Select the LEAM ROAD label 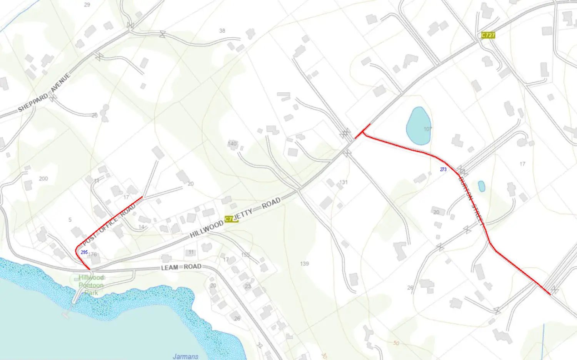[181, 267]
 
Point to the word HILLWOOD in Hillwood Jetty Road [207, 229]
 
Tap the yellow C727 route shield [488, 35]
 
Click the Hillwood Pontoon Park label [91, 285]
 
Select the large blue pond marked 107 [419, 126]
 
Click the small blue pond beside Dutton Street [481, 187]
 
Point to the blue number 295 [84, 252]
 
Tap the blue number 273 [443, 169]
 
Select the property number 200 [43, 178]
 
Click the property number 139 [304, 263]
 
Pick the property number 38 [222, 31]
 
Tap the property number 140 [232, 143]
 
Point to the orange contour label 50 [396, 343]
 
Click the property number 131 [344, 182]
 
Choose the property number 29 [87, 5]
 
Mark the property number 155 [245, 255]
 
